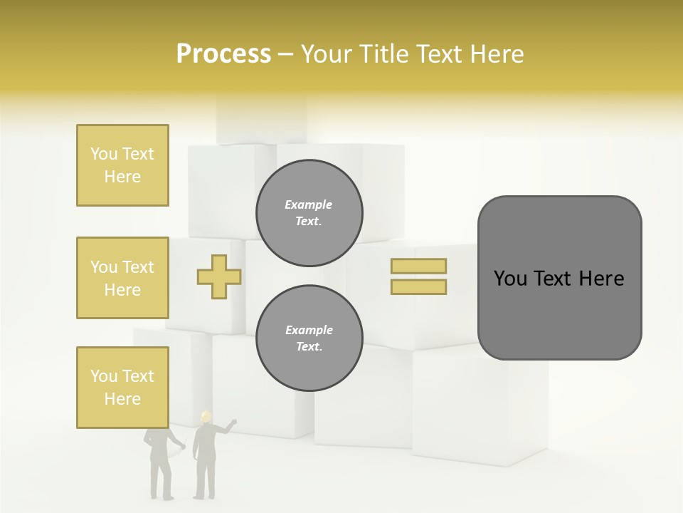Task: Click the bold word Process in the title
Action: coord(223,54)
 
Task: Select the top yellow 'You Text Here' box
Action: coord(122,165)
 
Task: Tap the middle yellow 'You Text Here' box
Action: coord(122,278)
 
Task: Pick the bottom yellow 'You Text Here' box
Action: coord(122,388)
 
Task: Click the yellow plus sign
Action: coord(219,277)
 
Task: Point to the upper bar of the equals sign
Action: coord(418,266)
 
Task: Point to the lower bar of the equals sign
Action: coord(418,287)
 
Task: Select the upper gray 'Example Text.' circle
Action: coord(309,213)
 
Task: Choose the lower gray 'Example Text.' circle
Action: coord(309,338)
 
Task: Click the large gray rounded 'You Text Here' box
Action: coord(559,278)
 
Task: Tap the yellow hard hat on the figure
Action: coord(206,416)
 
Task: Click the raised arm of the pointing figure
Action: coord(227,427)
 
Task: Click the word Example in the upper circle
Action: coord(309,204)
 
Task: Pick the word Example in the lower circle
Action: coord(309,330)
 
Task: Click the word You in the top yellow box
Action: coord(103,154)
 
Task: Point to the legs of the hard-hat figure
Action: coord(204,481)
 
